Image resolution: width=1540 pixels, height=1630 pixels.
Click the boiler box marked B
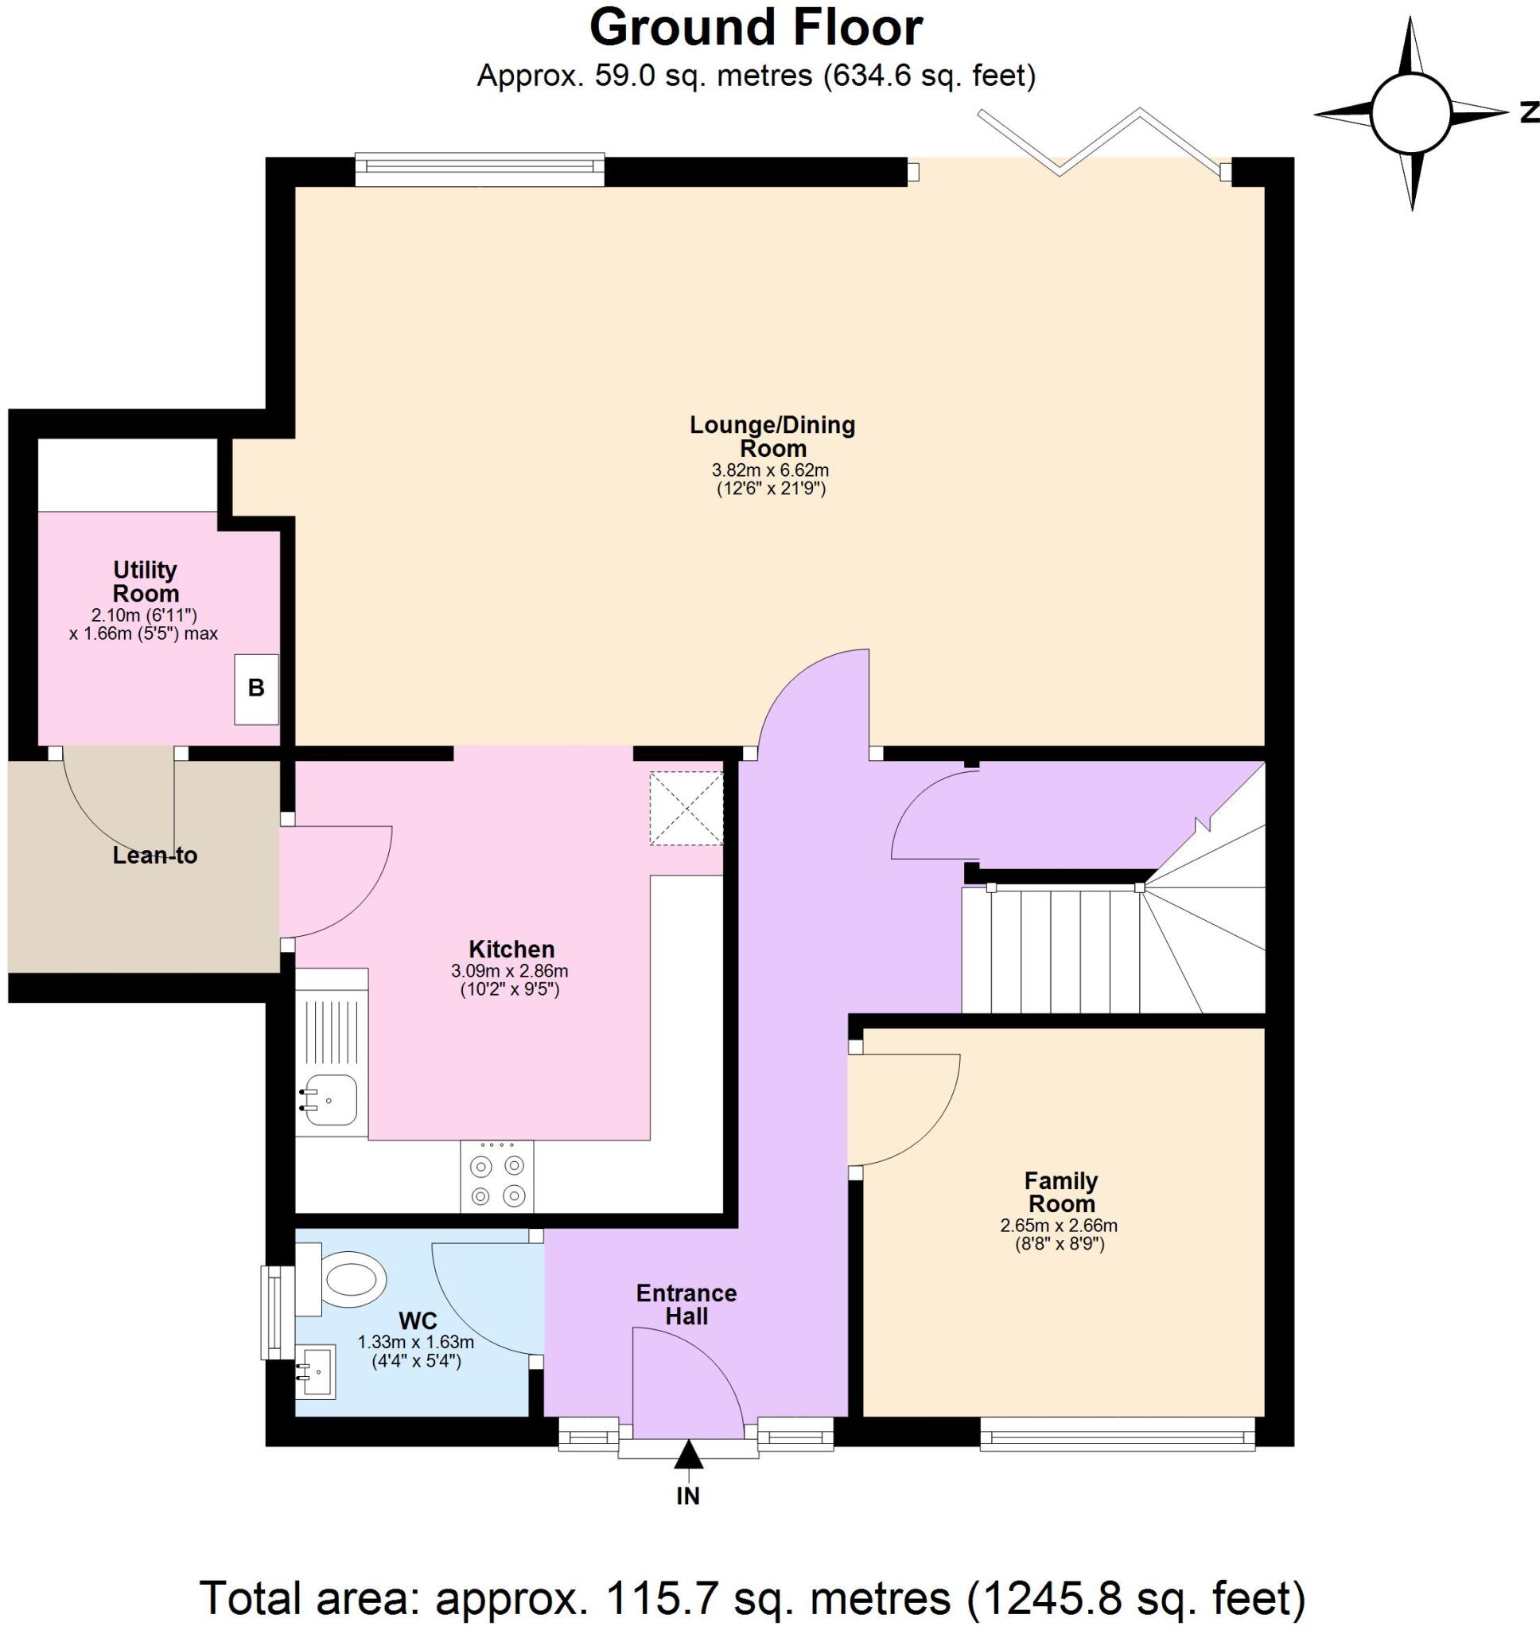256,688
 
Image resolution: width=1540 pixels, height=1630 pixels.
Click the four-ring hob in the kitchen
496,1179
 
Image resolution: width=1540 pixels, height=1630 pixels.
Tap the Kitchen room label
511,950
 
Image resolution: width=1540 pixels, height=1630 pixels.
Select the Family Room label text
1061,1192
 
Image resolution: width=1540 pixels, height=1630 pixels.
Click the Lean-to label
155,856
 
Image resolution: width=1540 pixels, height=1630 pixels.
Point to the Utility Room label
146,581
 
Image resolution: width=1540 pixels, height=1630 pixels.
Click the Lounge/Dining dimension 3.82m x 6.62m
770,470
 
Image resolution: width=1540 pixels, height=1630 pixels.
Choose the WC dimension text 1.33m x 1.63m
415,1343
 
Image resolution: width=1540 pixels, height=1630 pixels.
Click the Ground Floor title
756,29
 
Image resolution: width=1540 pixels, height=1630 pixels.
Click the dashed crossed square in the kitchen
686,808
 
